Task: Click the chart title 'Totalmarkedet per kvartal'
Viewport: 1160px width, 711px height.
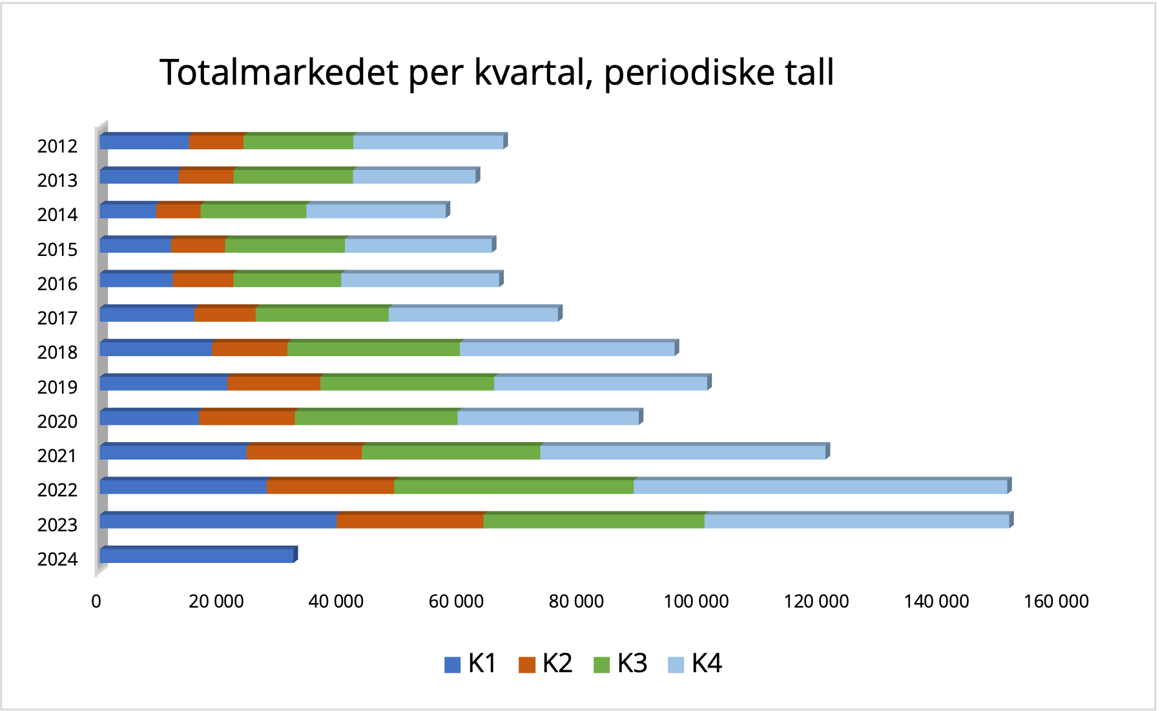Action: pos(496,72)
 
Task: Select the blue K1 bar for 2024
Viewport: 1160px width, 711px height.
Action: pos(197,555)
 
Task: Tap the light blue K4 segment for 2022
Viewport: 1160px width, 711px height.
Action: pos(820,487)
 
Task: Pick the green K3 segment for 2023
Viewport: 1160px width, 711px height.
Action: pos(594,521)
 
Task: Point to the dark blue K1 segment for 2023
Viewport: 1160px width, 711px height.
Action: pos(218,521)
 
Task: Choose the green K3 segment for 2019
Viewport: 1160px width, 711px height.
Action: pos(407,383)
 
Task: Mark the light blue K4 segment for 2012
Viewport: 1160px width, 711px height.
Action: pos(428,142)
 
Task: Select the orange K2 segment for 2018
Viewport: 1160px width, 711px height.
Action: pos(249,349)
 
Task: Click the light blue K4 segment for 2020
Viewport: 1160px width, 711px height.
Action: pos(548,418)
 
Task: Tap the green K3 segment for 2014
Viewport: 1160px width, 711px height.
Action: pos(253,211)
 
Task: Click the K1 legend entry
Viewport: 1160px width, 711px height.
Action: pos(470,664)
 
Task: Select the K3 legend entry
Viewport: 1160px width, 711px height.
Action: pos(620,664)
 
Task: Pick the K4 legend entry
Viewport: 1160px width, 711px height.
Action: pos(694,664)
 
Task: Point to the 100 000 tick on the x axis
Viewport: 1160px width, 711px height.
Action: pos(696,602)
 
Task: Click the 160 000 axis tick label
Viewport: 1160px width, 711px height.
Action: pos(1056,602)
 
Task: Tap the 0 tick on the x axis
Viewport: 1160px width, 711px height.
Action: pos(96,602)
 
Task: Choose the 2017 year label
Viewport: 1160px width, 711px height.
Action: pos(57,318)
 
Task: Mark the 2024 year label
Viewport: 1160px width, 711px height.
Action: pos(57,559)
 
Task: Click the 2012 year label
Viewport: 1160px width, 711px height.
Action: pos(57,146)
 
